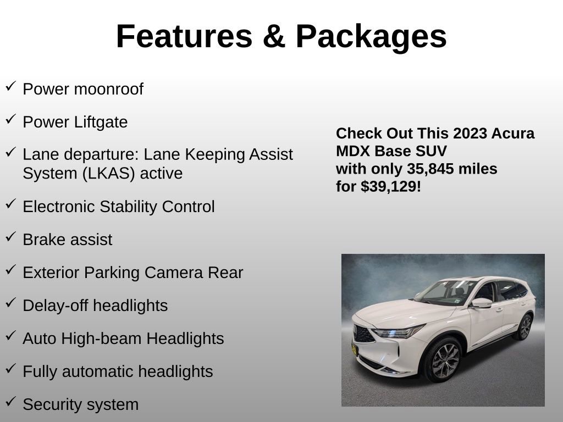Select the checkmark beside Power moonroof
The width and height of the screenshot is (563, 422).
(10, 86)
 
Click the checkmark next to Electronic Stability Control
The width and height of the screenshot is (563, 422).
(10, 204)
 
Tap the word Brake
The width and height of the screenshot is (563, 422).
(43, 240)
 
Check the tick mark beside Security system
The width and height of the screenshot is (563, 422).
(10, 402)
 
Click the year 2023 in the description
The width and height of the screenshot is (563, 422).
(472, 134)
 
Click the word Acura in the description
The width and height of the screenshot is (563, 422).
(514, 134)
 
